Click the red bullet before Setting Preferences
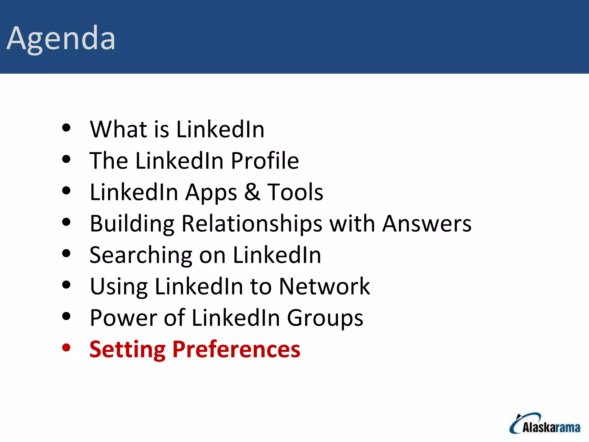pos(66,348)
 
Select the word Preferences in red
pos(236,349)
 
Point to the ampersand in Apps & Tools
pos(252,192)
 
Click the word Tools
pos(295,192)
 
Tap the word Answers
pos(427,224)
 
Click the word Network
pos(324,286)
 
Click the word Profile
pos(265,161)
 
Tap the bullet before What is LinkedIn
pos(66,128)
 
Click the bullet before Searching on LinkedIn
pos(66,254)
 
